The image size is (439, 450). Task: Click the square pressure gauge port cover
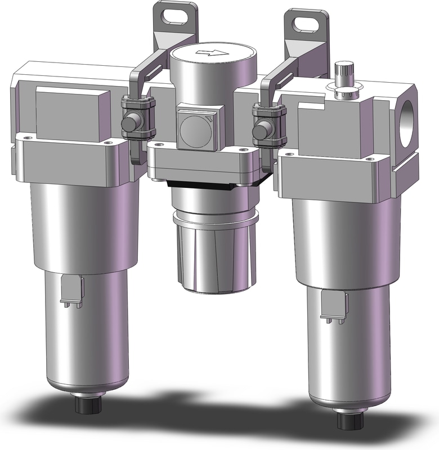click(196, 130)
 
